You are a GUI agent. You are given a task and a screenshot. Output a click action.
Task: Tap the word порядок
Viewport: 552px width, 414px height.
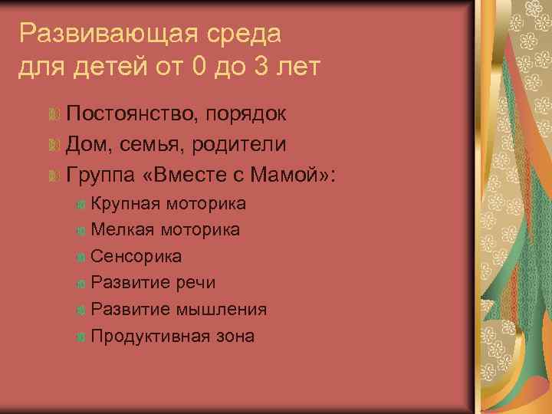coord(248,116)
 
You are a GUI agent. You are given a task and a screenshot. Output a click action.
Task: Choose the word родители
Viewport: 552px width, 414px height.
coord(243,145)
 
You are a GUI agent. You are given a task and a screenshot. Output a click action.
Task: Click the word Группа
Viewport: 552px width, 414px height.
coord(100,176)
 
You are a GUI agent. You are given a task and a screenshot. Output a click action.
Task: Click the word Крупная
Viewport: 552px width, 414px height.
coord(125,204)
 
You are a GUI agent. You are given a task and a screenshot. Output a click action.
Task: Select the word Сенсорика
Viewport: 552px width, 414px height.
coord(136,257)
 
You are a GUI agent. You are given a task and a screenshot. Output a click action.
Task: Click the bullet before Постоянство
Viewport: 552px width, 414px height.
coord(53,115)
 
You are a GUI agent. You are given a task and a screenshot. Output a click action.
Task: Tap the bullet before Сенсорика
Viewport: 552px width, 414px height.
coord(81,257)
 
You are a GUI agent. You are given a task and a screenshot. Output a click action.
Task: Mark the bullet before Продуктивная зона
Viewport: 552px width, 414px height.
coord(81,337)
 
